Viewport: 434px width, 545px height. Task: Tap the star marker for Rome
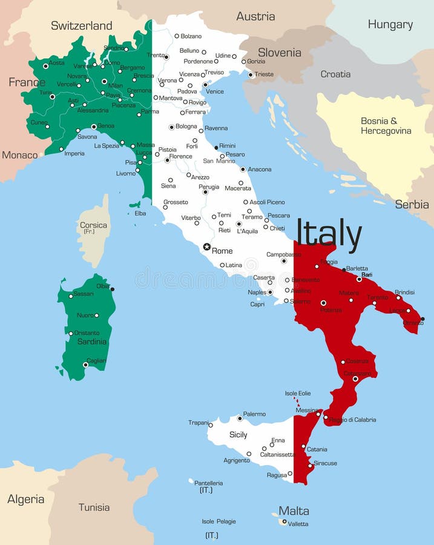click(x=207, y=246)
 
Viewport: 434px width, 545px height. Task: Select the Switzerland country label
click(x=81, y=25)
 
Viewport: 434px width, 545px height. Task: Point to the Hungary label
click(x=390, y=25)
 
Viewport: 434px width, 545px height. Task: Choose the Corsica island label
click(x=93, y=225)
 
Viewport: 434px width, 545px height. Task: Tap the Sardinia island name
click(x=91, y=342)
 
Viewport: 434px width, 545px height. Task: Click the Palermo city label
click(x=254, y=414)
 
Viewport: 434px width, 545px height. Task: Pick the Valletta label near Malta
click(x=298, y=524)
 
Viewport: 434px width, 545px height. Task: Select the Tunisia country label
click(x=94, y=507)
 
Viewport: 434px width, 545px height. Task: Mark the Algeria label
click(x=25, y=500)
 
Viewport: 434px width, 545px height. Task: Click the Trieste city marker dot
click(x=251, y=75)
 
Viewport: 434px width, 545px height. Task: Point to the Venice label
click(x=215, y=91)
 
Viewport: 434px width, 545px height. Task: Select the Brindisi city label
click(x=404, y=292)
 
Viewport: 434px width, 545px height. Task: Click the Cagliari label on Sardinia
click(x=96, y=360)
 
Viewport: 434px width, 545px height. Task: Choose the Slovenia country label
click(x=279, y=53)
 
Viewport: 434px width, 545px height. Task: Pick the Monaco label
click(x=19, y=155)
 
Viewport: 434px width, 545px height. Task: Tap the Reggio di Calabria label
click(x=352, y=420)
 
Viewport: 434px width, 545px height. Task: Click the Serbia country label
click(x=412, y=205)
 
